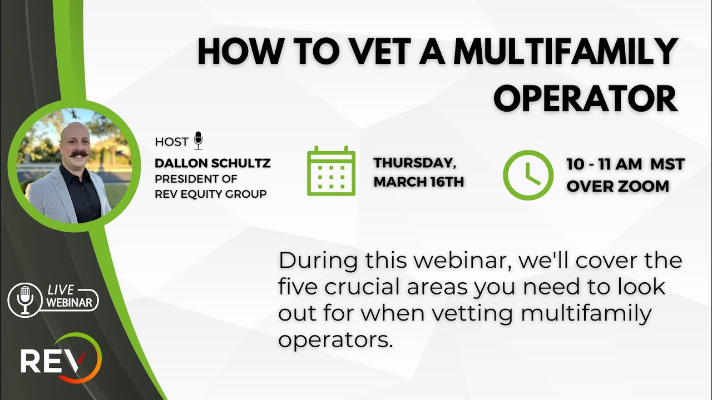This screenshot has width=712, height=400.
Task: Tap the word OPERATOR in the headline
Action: pos(585,99)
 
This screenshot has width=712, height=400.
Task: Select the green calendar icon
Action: pos(331,171)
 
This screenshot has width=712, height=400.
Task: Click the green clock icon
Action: pos(528,175)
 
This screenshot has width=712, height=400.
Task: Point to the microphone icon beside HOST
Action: pos(198,141)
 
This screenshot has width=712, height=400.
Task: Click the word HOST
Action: pos(171,142)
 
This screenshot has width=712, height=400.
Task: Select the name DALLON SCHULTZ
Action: pos(212,164)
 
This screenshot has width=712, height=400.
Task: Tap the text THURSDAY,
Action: pos(415,163)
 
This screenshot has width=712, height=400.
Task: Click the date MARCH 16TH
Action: pos(419,182)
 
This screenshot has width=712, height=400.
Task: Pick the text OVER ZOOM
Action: pos(617,186)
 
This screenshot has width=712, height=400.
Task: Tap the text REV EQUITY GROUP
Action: pos(211,193)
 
